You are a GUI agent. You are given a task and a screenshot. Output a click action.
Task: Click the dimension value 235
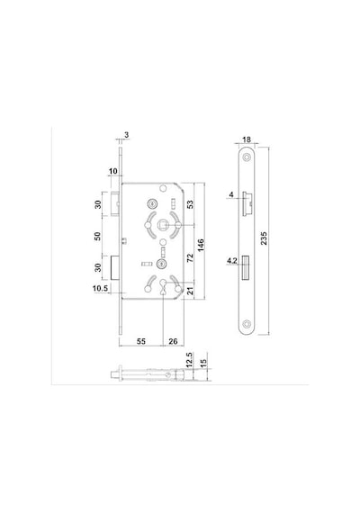(x=264, y=238)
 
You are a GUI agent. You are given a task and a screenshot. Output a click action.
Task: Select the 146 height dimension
(x=201, y=245)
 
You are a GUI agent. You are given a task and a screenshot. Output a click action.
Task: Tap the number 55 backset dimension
(x=140, y=341)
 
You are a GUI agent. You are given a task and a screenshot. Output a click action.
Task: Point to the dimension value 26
(x=173, y=341)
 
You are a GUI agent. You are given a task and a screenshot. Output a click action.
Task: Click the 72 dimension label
(x=190, y=257)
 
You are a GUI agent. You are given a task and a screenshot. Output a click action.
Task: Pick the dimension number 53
(x=190, y=204)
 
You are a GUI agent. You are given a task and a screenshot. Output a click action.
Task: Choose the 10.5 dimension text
(x=100, y=288)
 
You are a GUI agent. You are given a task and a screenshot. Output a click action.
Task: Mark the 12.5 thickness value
(x=189, y=360)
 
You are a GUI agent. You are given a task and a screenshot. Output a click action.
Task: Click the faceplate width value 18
(x=247, y=139)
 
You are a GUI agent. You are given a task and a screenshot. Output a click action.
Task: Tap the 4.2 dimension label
(x=232, y=261)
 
